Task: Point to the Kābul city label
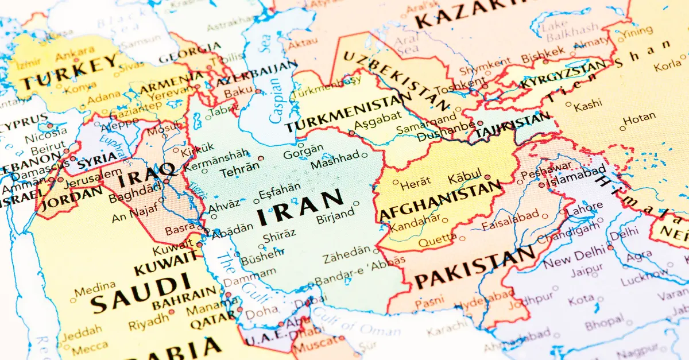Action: [x=466, y=179]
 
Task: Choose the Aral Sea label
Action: [x=408, y=44]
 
